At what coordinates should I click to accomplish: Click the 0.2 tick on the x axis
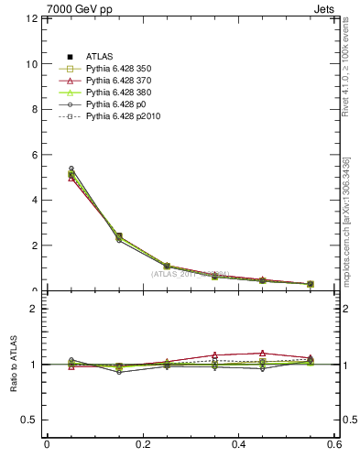coord(142,445)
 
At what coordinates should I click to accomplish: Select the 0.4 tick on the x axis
coord(238,445)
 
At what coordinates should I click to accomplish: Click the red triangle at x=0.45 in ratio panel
coord(263,353)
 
